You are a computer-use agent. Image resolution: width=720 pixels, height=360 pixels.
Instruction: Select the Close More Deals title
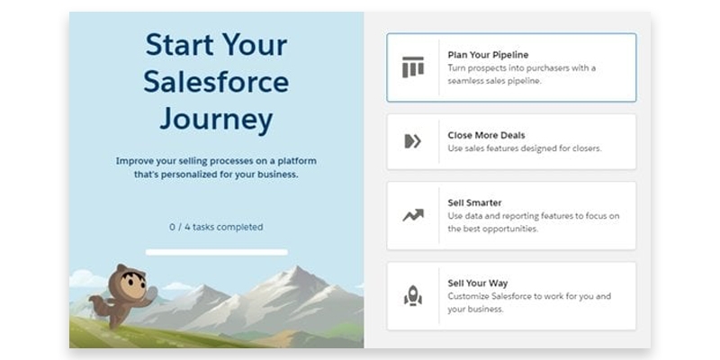487,135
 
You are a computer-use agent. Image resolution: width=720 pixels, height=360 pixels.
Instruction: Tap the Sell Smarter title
474,202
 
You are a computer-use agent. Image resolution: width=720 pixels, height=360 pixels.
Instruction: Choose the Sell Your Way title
478,283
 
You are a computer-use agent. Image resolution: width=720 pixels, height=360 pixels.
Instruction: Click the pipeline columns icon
412,67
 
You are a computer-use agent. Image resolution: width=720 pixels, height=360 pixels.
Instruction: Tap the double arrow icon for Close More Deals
412,141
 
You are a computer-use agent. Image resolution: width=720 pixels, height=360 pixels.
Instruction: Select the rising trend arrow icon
412,215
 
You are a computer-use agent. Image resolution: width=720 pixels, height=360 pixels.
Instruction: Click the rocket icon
412,295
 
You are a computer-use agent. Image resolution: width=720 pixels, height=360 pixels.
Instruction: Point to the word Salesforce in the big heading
216,82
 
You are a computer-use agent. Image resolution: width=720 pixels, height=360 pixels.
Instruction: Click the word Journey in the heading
216,120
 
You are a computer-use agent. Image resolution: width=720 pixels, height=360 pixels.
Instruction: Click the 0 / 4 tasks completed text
216,227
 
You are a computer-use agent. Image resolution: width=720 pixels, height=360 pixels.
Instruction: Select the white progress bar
216,252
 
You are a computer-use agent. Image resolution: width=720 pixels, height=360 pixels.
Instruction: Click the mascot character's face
128,284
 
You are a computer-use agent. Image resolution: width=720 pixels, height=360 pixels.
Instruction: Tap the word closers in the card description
581,148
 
